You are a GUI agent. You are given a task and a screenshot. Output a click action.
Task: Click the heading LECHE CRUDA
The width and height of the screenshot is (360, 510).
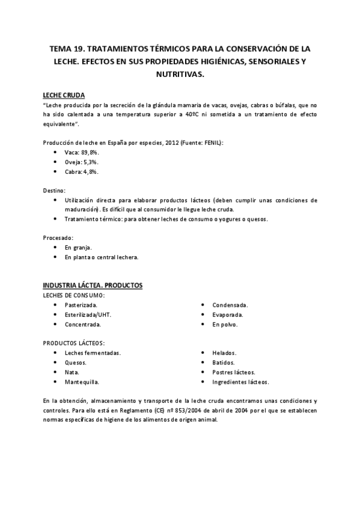coord(64,95)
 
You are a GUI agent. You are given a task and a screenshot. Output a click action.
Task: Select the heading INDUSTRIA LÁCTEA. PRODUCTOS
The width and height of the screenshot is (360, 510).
coord(93,284)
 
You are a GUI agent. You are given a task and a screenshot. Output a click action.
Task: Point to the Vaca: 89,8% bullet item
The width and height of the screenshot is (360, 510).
coord(82,153)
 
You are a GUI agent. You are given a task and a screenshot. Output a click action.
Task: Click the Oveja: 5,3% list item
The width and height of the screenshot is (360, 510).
coord(82,162)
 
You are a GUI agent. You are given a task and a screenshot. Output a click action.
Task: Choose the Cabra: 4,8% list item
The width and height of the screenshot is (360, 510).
coord(82,171)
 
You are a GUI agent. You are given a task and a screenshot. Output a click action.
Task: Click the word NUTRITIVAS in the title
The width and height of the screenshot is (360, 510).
coord(180,75)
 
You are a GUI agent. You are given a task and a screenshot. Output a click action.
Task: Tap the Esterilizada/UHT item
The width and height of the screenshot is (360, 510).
coord(88,315)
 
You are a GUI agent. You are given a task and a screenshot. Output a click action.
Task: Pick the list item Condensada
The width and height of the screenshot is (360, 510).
coord(230,306)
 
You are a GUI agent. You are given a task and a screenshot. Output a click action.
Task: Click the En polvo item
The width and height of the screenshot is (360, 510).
coord(225,324)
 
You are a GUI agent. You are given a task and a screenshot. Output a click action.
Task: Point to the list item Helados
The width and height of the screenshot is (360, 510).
coord(224,353)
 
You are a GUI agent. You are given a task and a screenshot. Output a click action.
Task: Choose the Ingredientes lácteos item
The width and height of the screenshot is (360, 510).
coord(240,381)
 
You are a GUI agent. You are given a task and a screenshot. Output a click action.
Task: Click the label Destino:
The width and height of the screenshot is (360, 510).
coord(55,190)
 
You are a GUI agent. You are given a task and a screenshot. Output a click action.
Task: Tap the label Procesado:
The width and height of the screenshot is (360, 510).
coord(58,238)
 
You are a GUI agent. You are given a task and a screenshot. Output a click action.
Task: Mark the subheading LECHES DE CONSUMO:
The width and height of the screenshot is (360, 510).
coord(75,295)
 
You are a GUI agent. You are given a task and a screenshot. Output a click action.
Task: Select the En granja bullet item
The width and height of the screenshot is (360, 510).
coord(78,248)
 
